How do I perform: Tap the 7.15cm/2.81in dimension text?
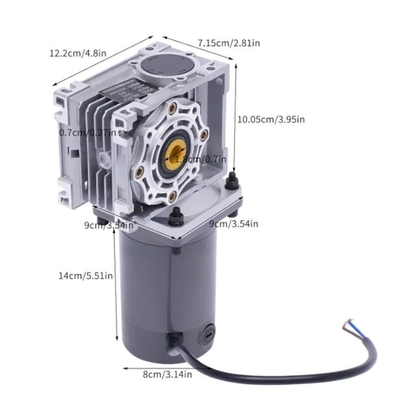click(x=228, y=43)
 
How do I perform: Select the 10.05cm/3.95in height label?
click(x=270, y=119)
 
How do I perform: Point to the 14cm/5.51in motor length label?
click(x=86, y=275)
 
